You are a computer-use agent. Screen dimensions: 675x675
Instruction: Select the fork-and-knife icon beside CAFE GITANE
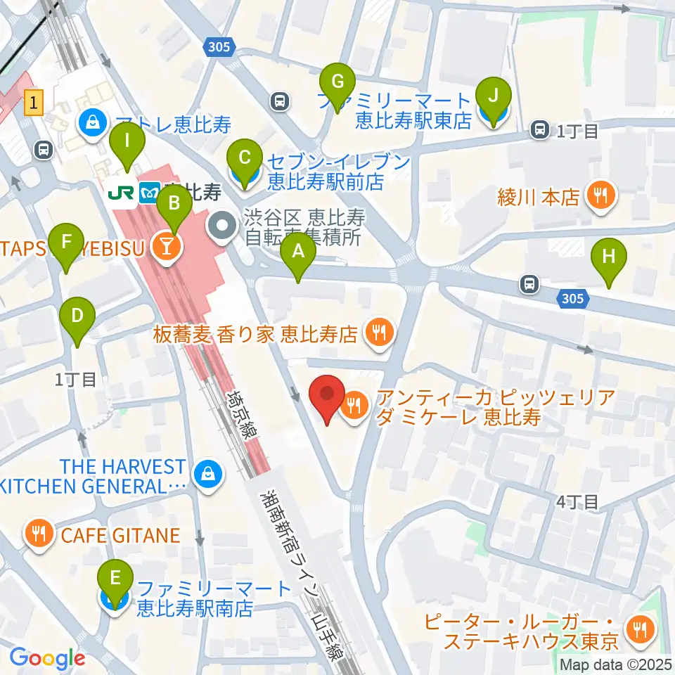point(39,536)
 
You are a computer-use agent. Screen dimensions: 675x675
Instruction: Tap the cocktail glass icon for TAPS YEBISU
point(169,246)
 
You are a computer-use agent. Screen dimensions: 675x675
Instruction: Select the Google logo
point(47,658)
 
